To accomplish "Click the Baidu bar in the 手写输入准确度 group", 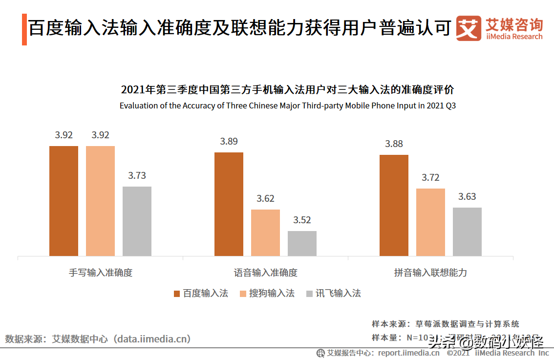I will click(64, 200).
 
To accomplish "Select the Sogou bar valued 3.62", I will click(265, 233).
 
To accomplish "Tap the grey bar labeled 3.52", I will click(302, 243).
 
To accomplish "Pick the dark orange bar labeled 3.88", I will click(394, 205).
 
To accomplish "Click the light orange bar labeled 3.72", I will click(430, 222).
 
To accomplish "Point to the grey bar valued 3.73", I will click(137, 221).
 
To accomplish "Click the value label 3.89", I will click(229, 142).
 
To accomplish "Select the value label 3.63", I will click(467, 197).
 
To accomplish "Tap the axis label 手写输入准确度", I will click(101, 273).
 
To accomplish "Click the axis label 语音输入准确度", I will click(265, 273).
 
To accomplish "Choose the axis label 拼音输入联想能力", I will click(430, 273).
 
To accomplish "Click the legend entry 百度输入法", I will click(201, 294).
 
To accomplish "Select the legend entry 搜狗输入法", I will click(267, 294).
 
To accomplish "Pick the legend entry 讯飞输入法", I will click(333, 294).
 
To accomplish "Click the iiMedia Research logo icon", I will click(469, 29).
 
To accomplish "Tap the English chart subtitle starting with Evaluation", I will click(287, 106).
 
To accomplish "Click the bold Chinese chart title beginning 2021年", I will click(287, 90).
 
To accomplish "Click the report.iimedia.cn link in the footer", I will click(408, 353).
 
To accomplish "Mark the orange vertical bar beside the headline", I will click(24, 30).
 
